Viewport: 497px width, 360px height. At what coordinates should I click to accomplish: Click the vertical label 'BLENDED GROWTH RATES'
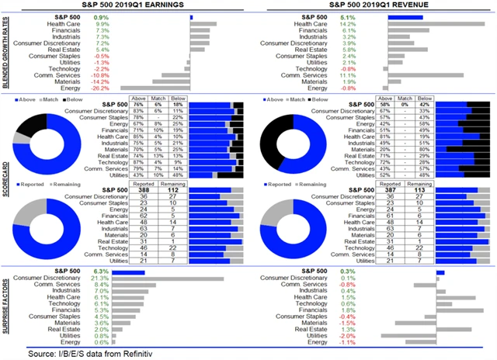(7, 52)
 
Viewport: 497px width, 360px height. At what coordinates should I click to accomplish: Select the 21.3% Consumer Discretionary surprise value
(99, 278)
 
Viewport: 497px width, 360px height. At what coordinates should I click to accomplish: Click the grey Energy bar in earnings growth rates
(154, 88)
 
